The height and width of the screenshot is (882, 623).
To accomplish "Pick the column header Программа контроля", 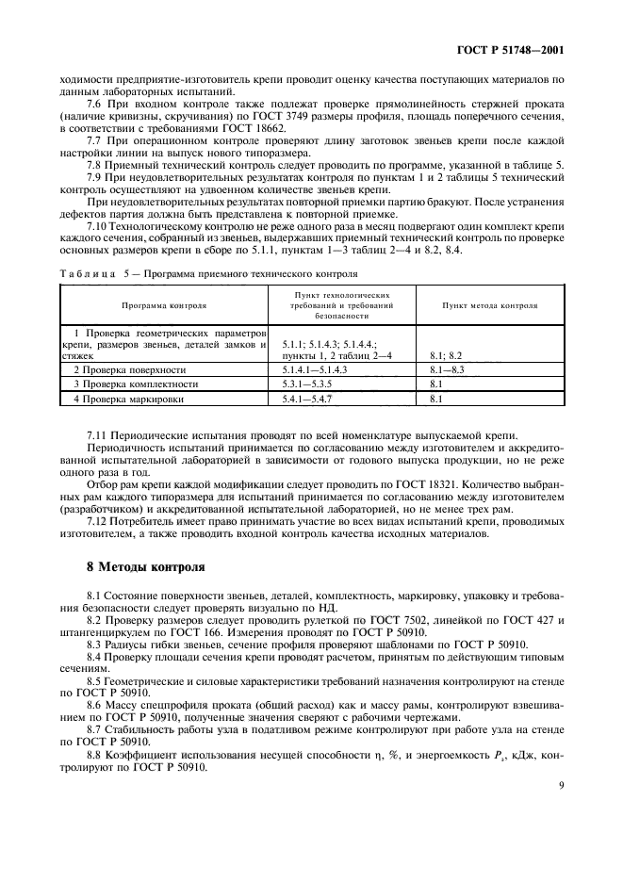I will [x=164, y=306].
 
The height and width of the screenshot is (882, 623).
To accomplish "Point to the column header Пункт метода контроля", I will [x=490, y=306].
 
